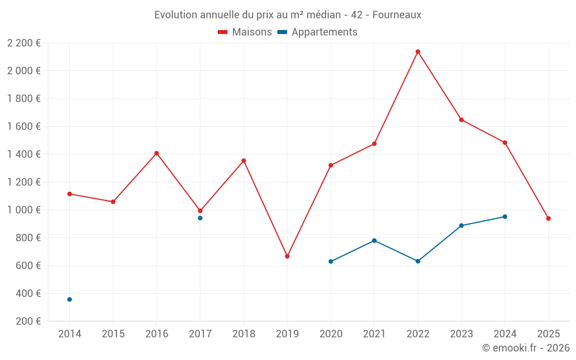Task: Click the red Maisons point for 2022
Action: tap(418, 52)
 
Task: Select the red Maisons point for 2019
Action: tap(287, 256)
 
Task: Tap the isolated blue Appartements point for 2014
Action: tap(70, 300)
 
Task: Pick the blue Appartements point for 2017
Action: tap(200, 218)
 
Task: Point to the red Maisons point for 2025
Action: tap(548, 218)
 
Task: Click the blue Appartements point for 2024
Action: tap(505, 217)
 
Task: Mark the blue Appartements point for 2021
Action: tap(374, 240)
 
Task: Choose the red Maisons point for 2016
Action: tap(157, 153)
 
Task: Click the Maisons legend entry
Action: tap(245, 32)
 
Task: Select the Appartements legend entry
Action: tap(317, 32)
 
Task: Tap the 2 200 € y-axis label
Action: tap(24, 43)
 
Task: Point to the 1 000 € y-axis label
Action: tap(24, 210)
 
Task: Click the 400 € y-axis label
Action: tap(27, 294)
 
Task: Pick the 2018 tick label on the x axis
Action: tap(244, 334)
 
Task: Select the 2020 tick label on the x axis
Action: tap(331, 334)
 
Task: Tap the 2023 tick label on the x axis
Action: tap(461, 334)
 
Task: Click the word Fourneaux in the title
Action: tap(397, 15)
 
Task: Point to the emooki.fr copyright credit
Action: tap(526, 348)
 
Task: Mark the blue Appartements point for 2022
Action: tap(418, 262)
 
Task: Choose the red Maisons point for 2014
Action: tap(70, 194)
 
